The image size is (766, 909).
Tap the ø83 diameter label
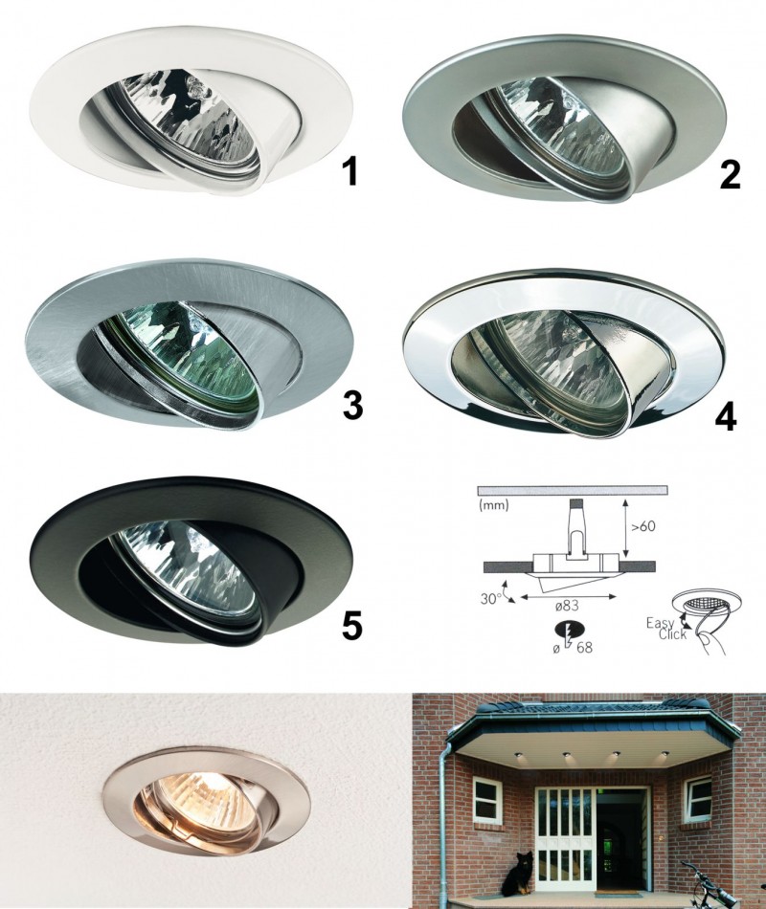point(567,606)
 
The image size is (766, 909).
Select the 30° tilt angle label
point(489,599)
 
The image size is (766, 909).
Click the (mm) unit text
point(494,505)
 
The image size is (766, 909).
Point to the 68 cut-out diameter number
point(584,648)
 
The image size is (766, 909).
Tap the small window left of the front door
point(488,794)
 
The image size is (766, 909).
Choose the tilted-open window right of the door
point(696,794)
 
